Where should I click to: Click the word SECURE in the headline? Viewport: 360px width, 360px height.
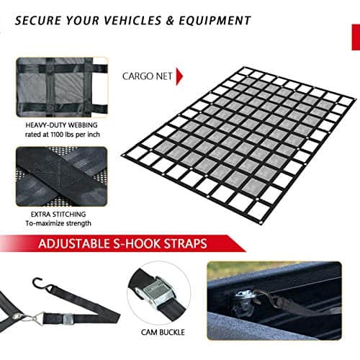(x=38, y=20)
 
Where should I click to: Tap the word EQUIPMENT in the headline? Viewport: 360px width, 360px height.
(x=215, y=20)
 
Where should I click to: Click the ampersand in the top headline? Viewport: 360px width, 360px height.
(x=170, y=20)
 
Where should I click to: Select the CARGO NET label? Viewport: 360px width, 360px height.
(x=147, y=76)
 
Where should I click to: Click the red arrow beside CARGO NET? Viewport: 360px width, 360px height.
(x=179, y=76)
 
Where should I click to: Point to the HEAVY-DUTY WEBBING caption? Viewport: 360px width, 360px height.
(x=61, y=125)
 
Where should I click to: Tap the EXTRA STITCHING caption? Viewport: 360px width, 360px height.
(x=58, y=214)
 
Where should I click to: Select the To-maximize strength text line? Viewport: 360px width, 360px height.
(x=58, y=223)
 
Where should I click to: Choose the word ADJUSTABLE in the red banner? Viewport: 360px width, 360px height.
(x=73, y=243)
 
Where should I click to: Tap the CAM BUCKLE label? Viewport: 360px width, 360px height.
(x=163, y=332)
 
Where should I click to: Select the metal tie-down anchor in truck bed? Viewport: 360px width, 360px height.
(x=245, y=300)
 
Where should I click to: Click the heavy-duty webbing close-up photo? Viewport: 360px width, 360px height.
(x=62, y=87)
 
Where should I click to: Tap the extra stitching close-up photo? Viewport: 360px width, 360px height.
(x=61, y=176)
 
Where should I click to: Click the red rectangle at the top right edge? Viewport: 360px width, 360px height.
(x=356, y=37)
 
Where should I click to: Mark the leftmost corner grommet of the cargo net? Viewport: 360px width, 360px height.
(x=124, y=156)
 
